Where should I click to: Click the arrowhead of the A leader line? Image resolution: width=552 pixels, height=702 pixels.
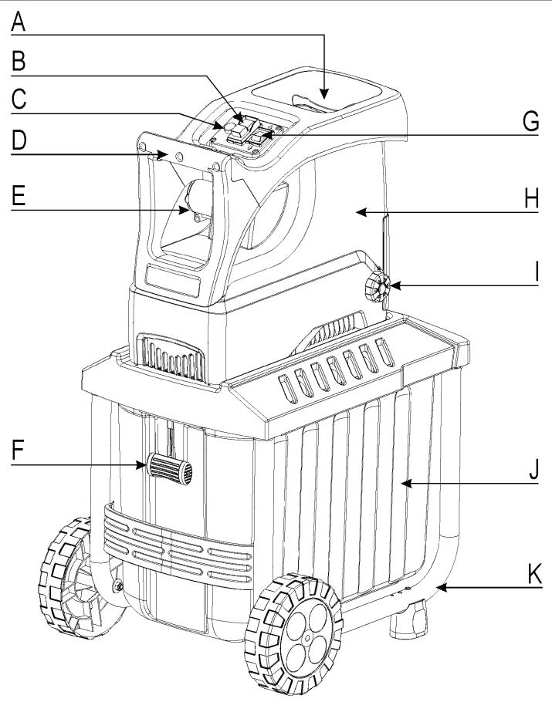tap(324, 95)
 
